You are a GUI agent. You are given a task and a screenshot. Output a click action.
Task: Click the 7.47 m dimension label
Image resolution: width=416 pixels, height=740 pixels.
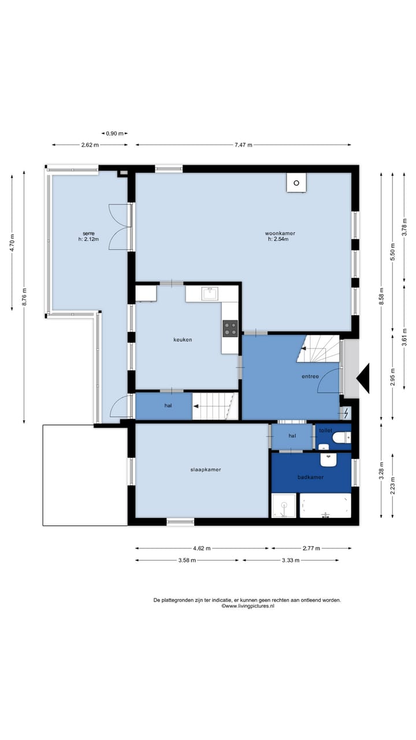243,145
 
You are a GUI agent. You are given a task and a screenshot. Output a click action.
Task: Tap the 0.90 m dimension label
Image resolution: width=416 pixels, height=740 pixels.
114,134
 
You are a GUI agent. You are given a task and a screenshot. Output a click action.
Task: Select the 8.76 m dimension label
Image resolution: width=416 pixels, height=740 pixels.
24,297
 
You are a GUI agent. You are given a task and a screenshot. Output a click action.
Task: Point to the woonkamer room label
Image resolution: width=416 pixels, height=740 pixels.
280,233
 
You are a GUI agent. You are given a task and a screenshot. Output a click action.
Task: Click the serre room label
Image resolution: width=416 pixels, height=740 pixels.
88,234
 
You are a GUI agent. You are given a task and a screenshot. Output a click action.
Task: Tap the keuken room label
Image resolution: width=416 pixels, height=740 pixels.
183,339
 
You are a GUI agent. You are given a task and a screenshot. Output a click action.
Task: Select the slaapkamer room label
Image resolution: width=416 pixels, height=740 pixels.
206,469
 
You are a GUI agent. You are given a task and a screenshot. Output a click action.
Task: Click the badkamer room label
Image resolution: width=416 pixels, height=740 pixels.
310,477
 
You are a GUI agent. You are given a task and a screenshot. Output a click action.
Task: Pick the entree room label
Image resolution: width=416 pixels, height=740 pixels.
310,376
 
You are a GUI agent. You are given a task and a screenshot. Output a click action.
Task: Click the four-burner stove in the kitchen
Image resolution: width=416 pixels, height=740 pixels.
230,328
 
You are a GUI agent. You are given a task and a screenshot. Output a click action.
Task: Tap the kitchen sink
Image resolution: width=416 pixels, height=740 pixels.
210,293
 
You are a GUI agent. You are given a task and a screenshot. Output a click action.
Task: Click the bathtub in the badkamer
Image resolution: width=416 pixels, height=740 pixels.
325,505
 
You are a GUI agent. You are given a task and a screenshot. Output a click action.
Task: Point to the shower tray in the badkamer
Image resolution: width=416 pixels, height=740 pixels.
284,505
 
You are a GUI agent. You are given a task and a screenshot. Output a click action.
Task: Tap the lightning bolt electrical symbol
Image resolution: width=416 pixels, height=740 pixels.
346,413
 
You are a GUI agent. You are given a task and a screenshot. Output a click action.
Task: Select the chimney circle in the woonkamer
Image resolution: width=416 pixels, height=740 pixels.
296,183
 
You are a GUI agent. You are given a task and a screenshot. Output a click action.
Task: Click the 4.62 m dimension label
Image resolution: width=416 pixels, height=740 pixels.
202,549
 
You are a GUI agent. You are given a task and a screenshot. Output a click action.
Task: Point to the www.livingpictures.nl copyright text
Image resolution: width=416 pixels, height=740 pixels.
248,606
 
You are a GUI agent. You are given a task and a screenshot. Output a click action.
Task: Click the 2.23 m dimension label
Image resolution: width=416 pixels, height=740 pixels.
392,486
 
